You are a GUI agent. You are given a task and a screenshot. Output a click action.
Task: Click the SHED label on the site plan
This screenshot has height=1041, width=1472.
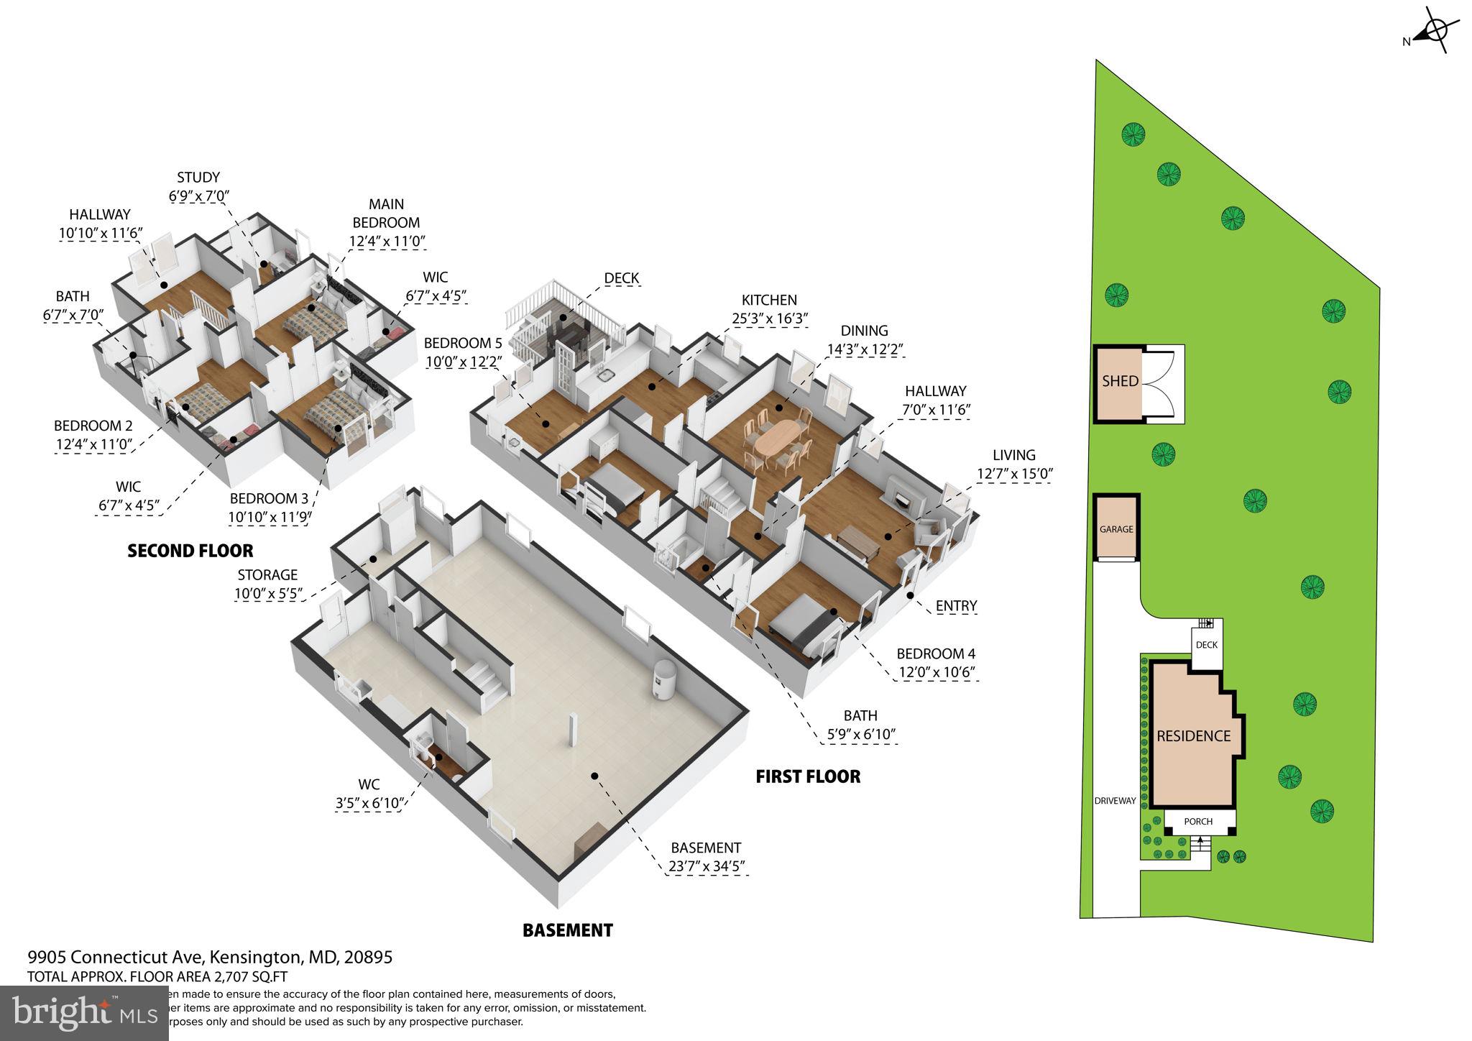pos(1120,381)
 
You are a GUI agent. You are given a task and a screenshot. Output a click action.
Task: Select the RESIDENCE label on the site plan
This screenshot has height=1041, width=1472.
pos(1193,736)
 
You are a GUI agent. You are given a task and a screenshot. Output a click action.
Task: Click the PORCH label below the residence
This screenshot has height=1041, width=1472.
pos(1198,821)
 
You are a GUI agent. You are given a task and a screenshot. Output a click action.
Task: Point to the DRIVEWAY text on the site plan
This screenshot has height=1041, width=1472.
pos(1115,800)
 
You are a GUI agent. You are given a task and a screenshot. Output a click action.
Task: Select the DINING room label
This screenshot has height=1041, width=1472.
pos(864,331)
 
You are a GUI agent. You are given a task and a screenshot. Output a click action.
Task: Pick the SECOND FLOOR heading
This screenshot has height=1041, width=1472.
pos(190,551)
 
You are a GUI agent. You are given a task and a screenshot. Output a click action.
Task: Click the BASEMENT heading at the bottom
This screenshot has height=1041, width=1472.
pos(567,930)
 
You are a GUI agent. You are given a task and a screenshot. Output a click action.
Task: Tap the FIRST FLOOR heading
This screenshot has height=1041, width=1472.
pos(808,776)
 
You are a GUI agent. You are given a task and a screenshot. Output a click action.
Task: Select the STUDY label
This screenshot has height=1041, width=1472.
pos(198,178)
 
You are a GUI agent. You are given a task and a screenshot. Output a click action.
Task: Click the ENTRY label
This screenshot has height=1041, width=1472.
pos(956,606)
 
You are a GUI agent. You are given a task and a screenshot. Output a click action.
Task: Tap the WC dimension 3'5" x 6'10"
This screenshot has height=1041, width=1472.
pos(369,803)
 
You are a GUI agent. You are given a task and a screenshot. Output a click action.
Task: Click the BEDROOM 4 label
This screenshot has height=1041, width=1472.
pos(936,654)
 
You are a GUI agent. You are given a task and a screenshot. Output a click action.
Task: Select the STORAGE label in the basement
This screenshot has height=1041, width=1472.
pos(267,575)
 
